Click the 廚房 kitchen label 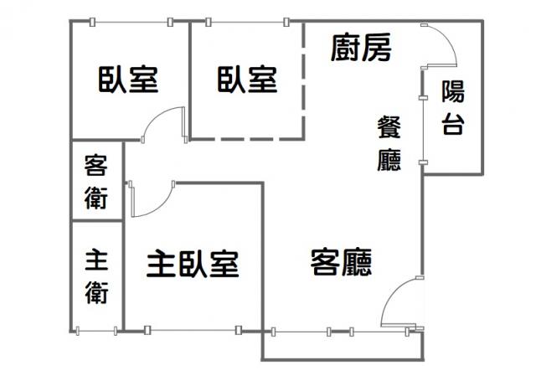point(361,47)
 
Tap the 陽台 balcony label point(453,107)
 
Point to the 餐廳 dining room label point(389,143)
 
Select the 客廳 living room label point(341,262)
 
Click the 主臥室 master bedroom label point(193,264)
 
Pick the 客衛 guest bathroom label point(96,182)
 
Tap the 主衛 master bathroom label point(97,277)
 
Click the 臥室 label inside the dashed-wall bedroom point(247,80)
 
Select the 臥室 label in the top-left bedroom point(128,80)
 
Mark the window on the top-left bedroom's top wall point(131,23)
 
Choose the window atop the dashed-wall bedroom point(248,23)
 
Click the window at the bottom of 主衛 point(96,331)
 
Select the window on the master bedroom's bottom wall point(193,330)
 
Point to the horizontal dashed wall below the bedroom point(247,139)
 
